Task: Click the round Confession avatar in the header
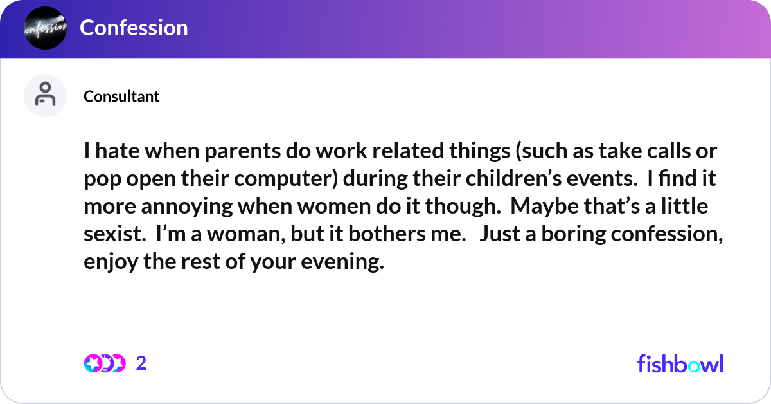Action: click(x=45, y=28)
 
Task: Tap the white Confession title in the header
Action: click(x=134, y=28)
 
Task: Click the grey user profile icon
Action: click(x=45, y=95)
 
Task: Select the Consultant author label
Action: click(x=121, y=96)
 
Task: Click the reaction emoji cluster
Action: click(x=104, y=363)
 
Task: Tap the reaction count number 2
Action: click(x=141, y=363)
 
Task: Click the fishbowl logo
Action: click(x=680, y=363)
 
